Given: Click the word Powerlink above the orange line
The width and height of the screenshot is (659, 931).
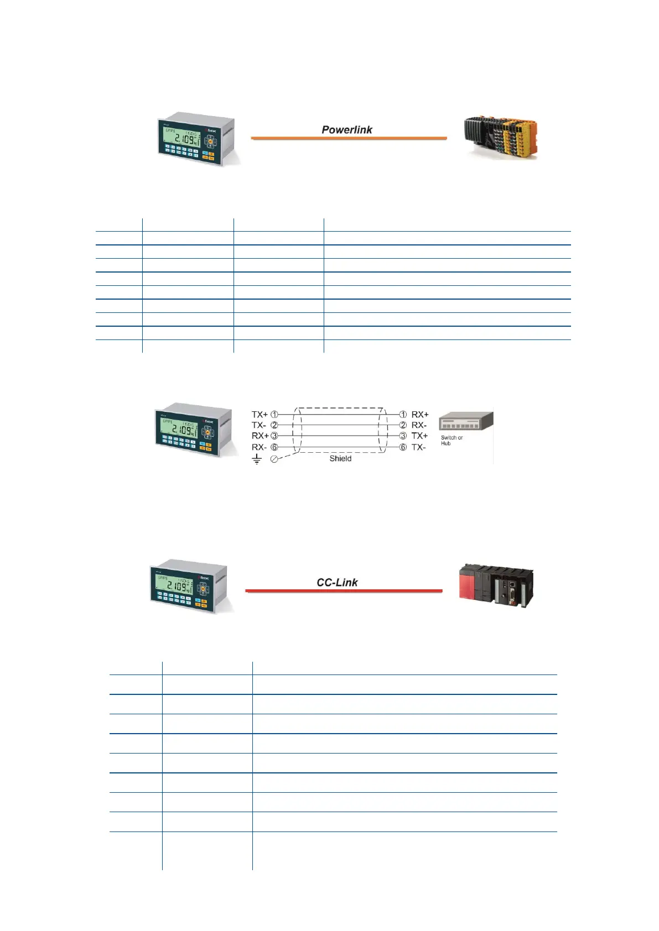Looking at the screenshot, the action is point(347,130).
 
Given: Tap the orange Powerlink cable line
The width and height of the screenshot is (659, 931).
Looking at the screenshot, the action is point(349,138).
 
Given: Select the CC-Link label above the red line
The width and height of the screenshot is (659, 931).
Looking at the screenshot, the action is point(337,583).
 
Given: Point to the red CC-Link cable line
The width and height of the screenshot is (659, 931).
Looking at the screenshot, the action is point(344,591).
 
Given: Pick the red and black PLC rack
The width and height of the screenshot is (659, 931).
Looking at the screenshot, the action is point(496,585).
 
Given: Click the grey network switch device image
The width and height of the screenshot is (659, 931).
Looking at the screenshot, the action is point(465,422).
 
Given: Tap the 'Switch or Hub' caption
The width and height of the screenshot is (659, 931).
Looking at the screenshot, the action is point(451,441).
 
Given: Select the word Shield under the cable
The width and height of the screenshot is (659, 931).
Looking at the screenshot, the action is point(340,458).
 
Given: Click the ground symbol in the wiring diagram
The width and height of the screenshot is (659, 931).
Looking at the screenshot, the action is point(257,459).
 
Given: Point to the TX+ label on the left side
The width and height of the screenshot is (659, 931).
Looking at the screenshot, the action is point(260,414).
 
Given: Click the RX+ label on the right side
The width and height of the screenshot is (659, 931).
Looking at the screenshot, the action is point(420,414).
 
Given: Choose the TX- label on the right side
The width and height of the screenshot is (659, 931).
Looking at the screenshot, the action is point(419,447).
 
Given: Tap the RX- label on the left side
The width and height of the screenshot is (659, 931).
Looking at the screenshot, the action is point(259,447).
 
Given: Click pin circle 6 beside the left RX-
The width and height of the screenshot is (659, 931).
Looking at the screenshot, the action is point(274,447).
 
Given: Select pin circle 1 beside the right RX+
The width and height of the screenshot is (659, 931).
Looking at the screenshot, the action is point(403,414).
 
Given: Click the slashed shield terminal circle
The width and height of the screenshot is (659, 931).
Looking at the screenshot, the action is point(274,459).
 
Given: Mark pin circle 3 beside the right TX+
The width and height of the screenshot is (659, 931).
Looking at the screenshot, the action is point(403,436).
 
